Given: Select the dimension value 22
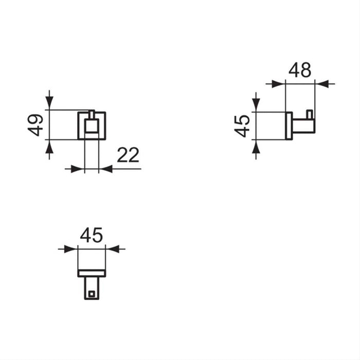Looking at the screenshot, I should [128, 155].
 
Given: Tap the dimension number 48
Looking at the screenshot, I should [300, 69].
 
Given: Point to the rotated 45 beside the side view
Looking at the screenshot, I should [242, 126].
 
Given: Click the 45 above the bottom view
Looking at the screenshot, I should [92, 235].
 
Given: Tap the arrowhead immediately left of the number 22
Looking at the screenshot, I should [105, 168].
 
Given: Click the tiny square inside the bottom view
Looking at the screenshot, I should [92, 294].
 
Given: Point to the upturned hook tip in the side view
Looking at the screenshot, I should [309, 114].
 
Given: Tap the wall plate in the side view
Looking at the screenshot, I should [289, 125].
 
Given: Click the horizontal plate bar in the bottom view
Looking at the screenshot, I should [92, 273].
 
